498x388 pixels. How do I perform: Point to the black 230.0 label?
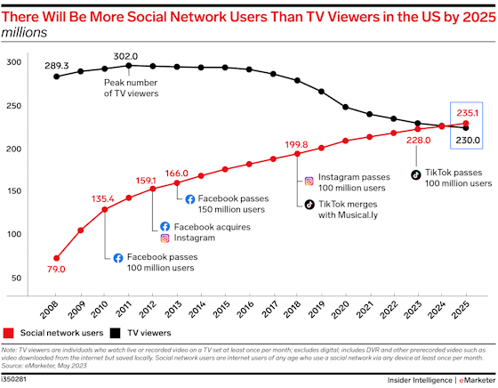click(x=468, y=140)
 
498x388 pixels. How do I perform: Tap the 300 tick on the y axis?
click(x=15, y=62)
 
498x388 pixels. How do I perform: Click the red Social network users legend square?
click(x=8, y=335)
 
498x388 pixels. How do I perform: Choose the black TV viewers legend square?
click(x=116, y=335)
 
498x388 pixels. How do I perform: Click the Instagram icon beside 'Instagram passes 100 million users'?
click(x=309, y=181)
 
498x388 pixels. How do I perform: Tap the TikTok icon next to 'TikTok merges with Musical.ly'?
click(x=309, y=204)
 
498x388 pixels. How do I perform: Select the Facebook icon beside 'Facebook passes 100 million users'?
click(x=117, y=257)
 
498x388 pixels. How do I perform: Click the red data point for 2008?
click(x=57, y=258)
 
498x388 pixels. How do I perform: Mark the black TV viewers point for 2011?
click(x=129, y=65)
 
